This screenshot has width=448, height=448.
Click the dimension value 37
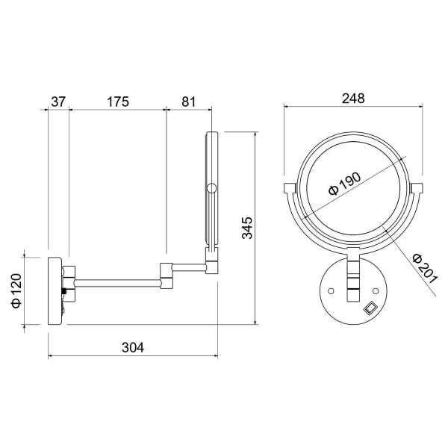point(58,102)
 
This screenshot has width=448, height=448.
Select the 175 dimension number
point(118,102)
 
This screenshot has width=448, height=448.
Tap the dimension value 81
point(189,102)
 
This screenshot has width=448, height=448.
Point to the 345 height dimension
point(247,228)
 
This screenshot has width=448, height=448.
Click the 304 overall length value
point(133,347)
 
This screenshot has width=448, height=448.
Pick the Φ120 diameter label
point(16,290)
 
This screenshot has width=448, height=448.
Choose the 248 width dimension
point(353,99)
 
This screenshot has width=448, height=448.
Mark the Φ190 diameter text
point(345,183)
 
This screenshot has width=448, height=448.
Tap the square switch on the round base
point(370,308)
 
